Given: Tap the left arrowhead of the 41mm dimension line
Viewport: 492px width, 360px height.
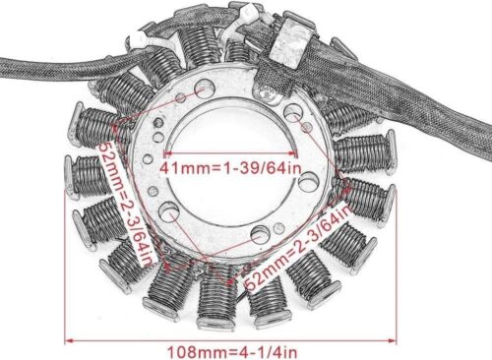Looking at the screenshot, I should [x=164, y=154].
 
